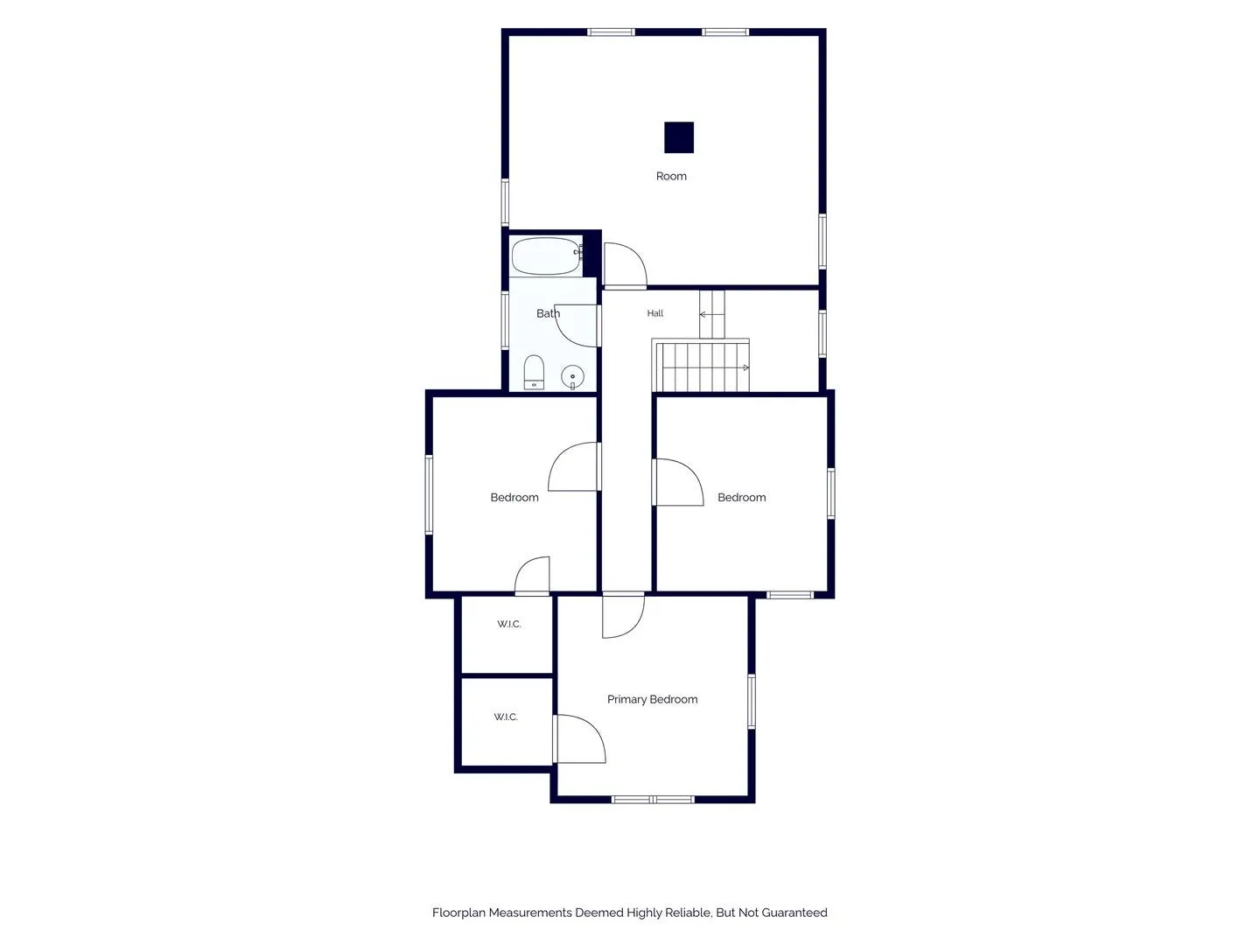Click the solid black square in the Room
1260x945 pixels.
(x=678, y=137)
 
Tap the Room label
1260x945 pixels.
(x=671, y=176)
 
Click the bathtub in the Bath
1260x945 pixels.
(x=547, y=255)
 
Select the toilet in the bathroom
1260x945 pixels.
(x=534, y=372)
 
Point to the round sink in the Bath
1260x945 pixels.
(x=572, y=377)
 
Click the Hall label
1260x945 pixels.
(x=655, y=313)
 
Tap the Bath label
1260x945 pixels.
(x=548, y=313)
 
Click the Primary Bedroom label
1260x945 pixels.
(x=652, y=699)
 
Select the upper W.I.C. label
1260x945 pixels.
(x=509, y=624)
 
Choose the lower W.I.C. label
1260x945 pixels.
(x=506, y=717)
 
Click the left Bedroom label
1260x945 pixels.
(x=514, y=498)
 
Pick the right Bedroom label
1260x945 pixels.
(x=742, y=498)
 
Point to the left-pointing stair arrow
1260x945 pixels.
(x=711, y=314)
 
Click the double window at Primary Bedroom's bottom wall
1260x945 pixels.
(x=653, y=799)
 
